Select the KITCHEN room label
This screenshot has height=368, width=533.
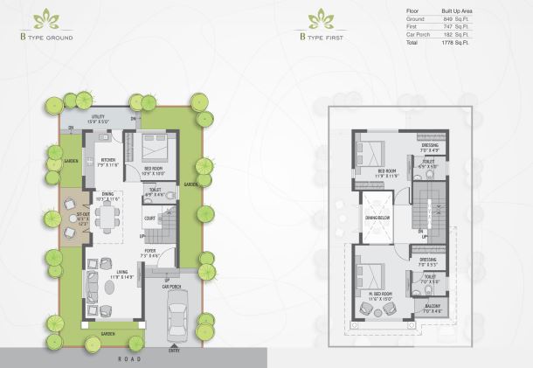click(x=108, y=160)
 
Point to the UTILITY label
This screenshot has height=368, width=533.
click(x=101, y=115)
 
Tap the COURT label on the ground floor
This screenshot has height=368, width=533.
click(x=149, y=219)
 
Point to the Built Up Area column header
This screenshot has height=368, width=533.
click(x=455, y=10)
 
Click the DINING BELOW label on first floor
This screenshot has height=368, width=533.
click(x=377, y=218)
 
